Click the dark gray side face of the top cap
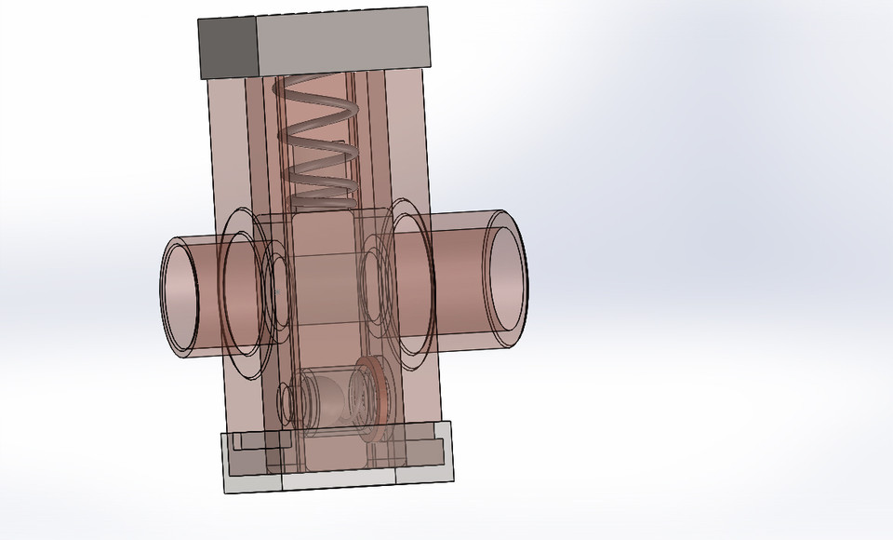[x=226, y=47]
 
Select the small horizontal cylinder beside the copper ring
[x=330, y=400]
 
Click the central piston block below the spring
[x=326, y=279]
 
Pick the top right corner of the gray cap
[x=430, y=8]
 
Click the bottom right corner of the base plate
[x=455, y=481]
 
